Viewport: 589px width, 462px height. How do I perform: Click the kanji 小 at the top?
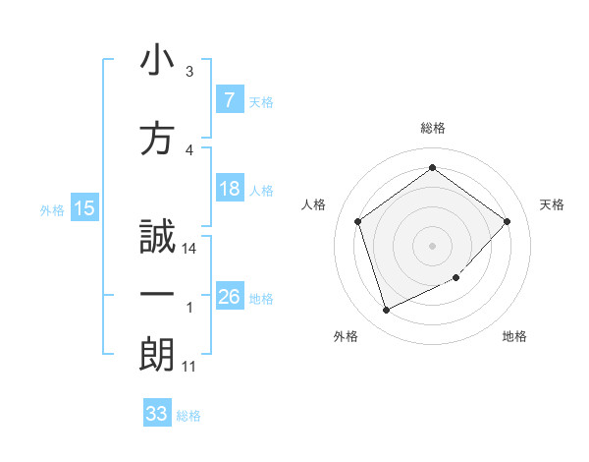(158, 61)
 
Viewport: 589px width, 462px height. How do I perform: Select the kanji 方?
(158, 140)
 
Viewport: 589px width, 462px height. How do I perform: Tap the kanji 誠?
(158, 237)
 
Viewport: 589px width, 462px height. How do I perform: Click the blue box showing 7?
(229, 99)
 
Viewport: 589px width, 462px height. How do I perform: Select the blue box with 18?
(229, 188)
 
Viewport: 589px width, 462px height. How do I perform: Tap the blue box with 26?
(229, 296)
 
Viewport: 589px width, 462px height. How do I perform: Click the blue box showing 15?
(83, 207)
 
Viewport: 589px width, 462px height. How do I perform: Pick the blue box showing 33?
(157, 414)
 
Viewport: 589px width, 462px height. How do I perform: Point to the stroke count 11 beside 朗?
(189, 367)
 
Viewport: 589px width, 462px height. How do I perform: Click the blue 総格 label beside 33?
(188, 416)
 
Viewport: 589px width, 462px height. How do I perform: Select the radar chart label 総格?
(432, 128)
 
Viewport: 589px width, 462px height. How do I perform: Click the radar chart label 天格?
(552, 204)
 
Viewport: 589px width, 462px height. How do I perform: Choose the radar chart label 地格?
(514, 336)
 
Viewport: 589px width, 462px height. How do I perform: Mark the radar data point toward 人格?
(358, 221)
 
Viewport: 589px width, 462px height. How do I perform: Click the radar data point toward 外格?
(386, 311)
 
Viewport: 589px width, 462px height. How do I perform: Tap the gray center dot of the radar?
(432, 245)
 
